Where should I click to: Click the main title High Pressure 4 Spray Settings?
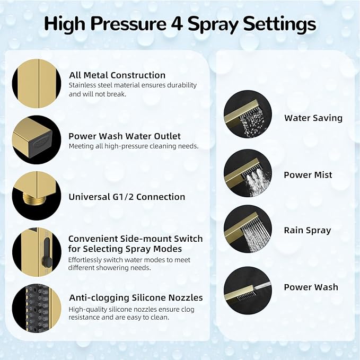coord(180,24)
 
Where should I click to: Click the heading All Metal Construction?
coord(117,75)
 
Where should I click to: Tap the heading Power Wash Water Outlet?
coord(125,136)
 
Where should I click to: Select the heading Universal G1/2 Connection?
coord(127,197)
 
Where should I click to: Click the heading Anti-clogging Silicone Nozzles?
coord(136,297)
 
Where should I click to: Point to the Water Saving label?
coord(313,118)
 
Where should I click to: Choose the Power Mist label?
coord(308,175)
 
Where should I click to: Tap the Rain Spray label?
coord(307,230)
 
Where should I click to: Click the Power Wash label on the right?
coord(311,287)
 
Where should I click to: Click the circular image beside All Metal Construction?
coord(37,83)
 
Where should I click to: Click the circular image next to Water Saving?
coord(248,115)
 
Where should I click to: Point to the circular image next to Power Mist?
coord(248,173)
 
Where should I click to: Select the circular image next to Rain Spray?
coord(248,229)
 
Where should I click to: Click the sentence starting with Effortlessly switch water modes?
coord(128,264)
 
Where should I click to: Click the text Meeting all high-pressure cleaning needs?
coord(134,146)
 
